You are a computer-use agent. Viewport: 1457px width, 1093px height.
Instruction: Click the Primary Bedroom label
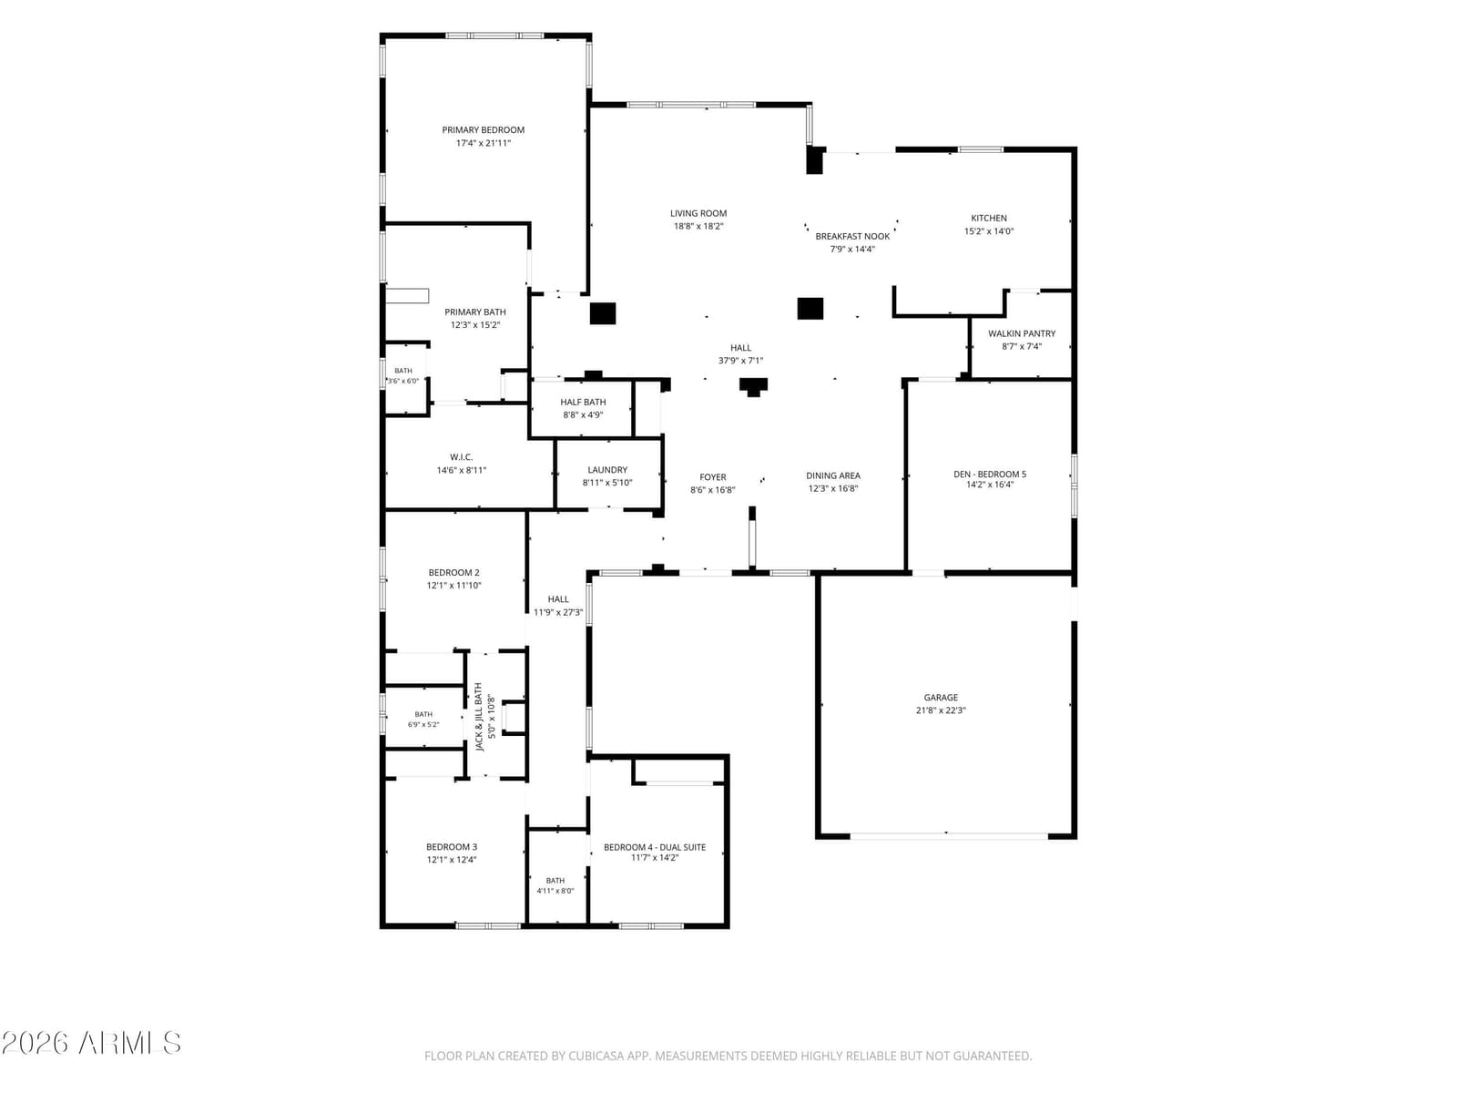click(x=484, y=130)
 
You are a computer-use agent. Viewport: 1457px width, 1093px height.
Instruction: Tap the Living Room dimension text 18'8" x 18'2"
click(x=698, y=226)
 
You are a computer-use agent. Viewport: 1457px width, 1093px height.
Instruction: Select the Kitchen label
click(x=989, y=219)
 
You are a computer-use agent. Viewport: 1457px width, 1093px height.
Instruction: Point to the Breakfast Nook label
click(x=852, y=236)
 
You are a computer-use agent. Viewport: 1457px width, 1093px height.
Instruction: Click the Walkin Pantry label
click(x=1022, y=333)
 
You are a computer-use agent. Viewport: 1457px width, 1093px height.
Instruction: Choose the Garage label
click(x=941, y=698)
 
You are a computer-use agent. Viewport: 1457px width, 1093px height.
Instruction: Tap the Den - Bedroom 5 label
click(x=990, y=474)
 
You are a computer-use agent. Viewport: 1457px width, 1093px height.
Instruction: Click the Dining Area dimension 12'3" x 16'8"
click(x=833, y=488)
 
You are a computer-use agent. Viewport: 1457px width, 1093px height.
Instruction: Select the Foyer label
click(x=713, y=477)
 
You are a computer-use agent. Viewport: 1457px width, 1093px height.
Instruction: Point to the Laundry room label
click(x=607, y=470)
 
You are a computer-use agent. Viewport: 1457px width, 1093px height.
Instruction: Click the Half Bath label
click(x=583, y=403)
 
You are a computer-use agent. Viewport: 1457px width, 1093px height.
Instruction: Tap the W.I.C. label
click(x=462, y=457)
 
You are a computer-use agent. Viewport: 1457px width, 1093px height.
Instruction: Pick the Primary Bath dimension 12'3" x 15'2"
click(x=475, y=325)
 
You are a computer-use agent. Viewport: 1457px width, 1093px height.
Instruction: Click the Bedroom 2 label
click(x=454, y=573)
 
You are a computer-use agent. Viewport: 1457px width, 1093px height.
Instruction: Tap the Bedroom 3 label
click(x=452, y=847)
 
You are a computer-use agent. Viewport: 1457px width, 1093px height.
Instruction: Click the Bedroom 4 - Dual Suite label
click(x=655, y=847)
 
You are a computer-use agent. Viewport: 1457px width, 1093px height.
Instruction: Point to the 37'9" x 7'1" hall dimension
click(x=740, y=361)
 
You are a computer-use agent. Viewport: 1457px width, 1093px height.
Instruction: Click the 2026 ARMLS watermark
click(x=91, y=1043)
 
